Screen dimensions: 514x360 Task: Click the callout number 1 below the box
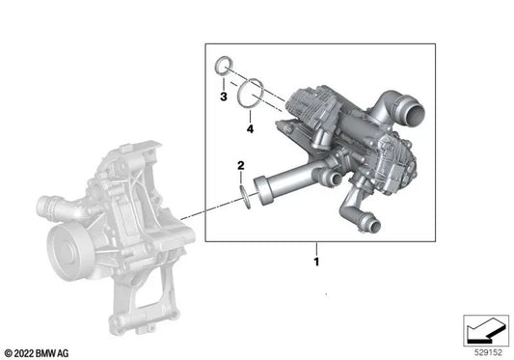316,262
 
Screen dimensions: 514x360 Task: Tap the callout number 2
241,166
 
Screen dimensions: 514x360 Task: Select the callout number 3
224,97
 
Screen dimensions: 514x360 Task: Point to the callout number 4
250,129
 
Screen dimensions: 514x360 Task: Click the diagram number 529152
488,353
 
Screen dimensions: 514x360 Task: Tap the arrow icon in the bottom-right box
485,330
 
